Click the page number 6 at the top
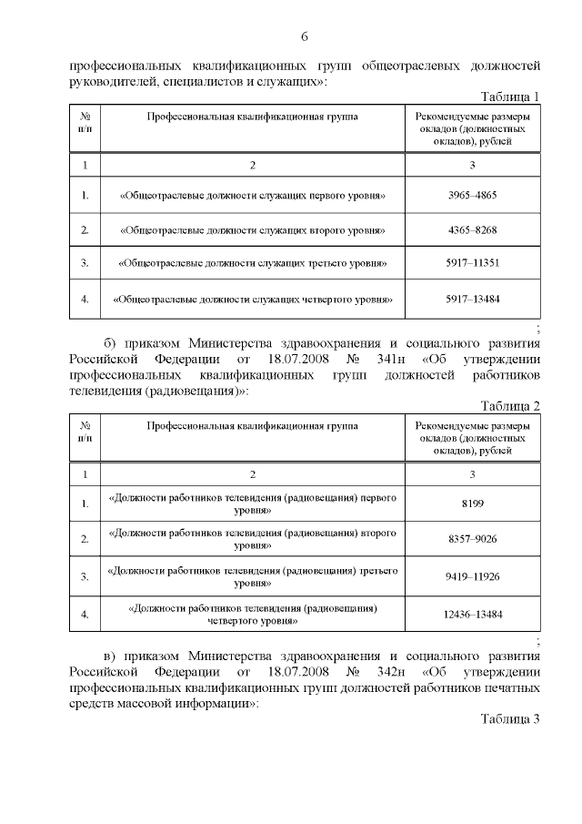click(305, 36)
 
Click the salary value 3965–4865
click(472, 196)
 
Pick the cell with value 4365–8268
click(472, 229)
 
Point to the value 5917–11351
click(472, 263)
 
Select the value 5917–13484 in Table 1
click(472, 298)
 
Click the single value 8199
click(472, 504)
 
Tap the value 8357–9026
click(472, 539)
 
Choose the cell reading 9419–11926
click(472, 576)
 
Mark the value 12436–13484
click(472, 614)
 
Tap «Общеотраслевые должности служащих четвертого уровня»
click(252, 298)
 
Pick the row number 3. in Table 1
click(85, 263)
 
